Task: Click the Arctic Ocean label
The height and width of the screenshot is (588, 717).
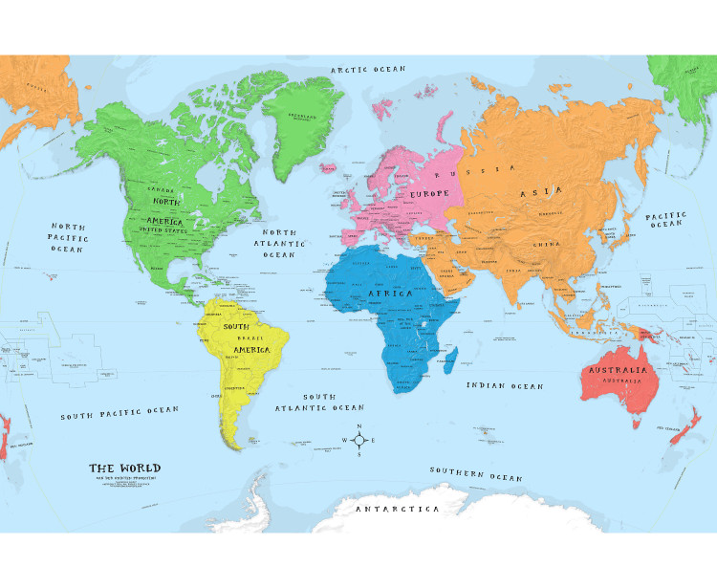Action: point(367,69)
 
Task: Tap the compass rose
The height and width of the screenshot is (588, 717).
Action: point(358,441)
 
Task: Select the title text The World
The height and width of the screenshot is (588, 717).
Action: point(125,468)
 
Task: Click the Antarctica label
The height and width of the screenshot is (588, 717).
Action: point(398,510)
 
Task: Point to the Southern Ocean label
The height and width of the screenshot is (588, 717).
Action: point(475,474)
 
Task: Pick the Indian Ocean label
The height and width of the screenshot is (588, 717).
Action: point(505,386)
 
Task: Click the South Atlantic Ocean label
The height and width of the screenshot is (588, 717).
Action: point(319,403)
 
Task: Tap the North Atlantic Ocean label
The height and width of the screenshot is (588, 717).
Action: point(279,244)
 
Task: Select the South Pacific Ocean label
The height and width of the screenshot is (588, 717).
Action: point(119,413)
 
